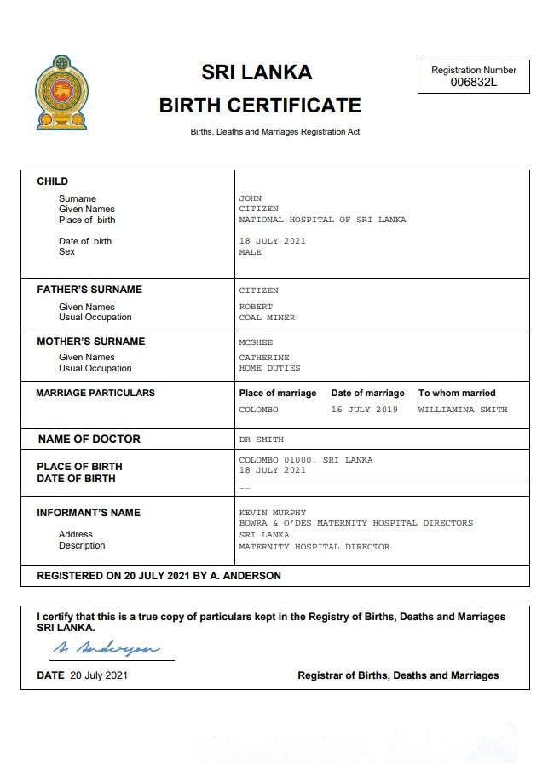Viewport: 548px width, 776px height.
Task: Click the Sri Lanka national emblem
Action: pos(61,93)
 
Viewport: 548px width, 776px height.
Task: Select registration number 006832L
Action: pos(474,83)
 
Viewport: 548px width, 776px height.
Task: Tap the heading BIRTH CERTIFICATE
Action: pos(260,106)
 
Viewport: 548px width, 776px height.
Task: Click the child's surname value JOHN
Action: pos(251,198)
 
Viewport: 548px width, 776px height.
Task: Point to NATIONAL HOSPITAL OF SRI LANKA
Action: pos(322,220)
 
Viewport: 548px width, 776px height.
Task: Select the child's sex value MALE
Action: pos(251,252)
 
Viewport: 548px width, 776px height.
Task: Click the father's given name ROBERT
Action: pos(256,307)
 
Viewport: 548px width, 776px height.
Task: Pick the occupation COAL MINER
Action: pos(267,318)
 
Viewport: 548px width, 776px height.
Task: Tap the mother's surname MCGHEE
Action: pos(256,342)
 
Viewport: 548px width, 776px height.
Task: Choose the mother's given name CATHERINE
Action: pos(264,358)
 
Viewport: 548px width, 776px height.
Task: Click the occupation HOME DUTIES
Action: pos(269,368)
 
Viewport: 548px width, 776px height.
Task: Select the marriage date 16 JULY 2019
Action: pos(364,410)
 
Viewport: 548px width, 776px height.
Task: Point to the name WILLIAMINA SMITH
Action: pos(462,410)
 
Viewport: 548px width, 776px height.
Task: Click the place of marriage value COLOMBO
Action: pos(258,410)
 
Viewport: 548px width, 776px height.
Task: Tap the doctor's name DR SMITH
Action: pos(262,440)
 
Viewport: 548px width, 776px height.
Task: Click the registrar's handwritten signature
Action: pos(105,649)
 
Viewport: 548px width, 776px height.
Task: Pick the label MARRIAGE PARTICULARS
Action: pos(95,393)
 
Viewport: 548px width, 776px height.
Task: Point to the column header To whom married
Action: pos(456,393)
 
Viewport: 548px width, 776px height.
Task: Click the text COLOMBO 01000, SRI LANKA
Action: pos(305,460)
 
